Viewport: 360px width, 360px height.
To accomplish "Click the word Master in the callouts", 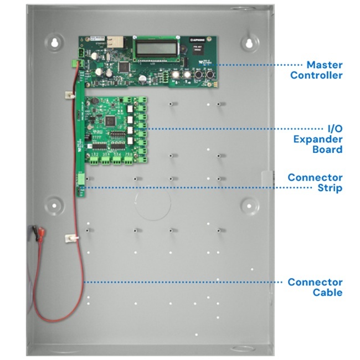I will (324, 65).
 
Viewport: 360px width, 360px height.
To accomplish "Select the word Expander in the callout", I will (318, 139).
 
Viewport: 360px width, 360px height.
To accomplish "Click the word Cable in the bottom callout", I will (327, 292).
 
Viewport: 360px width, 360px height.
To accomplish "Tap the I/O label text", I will (335, 128).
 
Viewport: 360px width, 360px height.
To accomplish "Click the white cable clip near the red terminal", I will (69, 238).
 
